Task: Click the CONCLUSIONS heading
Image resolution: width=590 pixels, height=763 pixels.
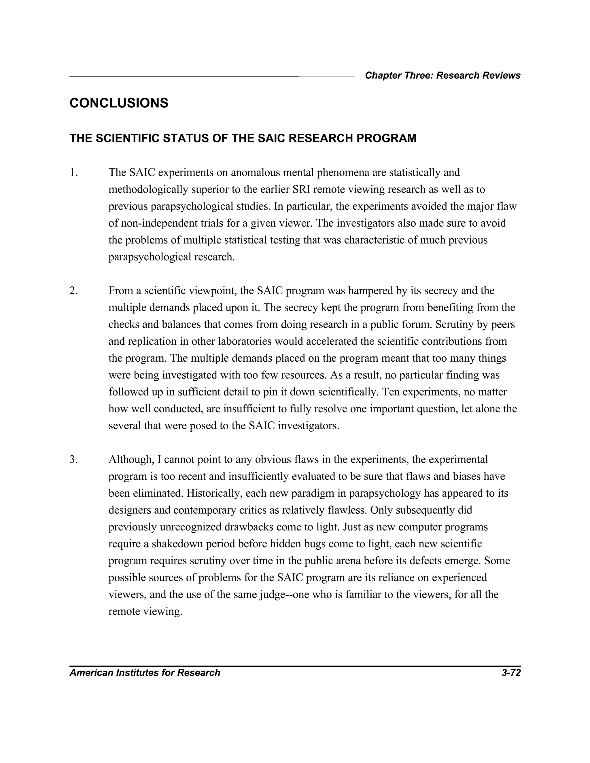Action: (x=119, y=103)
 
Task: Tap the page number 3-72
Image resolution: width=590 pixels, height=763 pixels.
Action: (x=511, y=673)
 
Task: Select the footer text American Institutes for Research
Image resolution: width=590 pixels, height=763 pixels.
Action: (x=145, y=673)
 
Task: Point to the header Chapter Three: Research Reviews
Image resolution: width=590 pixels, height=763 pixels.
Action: (x=442, y=75)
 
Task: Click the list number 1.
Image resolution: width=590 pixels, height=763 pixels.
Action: (x=73, y=172)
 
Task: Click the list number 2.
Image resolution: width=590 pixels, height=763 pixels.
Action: (x=73, y=291)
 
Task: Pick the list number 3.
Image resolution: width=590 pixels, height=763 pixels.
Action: (x=73, y=460)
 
